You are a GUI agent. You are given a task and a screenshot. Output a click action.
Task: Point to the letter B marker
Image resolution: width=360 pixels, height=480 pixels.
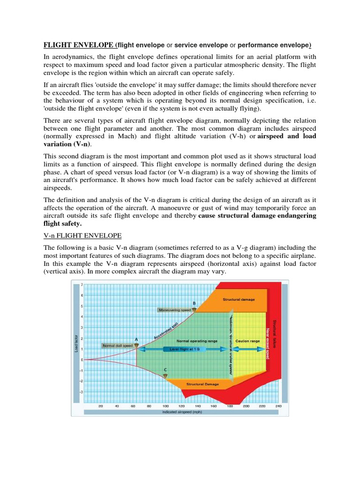(194, 303)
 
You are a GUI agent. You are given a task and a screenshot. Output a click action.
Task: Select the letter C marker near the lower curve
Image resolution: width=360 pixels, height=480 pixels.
(165, 370)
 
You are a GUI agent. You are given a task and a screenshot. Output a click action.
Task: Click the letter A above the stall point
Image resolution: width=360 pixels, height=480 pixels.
(136, 339)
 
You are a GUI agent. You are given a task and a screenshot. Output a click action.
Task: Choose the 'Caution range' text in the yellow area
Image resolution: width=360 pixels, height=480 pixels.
(248, 341)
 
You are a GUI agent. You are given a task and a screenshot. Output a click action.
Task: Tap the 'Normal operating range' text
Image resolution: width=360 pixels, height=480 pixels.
(197, 341)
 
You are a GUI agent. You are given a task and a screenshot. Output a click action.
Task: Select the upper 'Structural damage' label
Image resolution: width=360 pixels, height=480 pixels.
(239, 299)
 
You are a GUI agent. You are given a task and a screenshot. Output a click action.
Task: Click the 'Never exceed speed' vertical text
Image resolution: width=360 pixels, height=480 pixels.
(268, 343)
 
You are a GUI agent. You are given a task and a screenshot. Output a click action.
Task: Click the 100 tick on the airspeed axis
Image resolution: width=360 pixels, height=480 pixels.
(165, 406)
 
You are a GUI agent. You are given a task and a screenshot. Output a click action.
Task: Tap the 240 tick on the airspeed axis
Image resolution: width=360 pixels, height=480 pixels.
(278, 406)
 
